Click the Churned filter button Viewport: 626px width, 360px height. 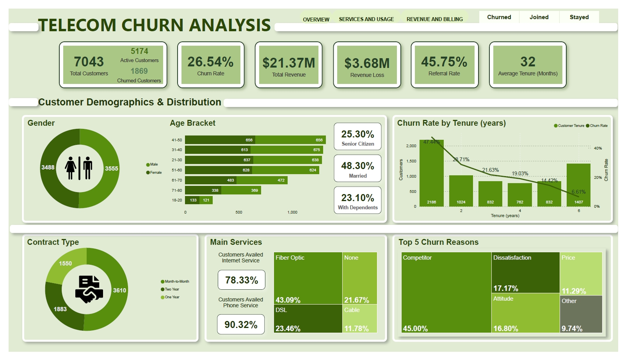tap(499, 17)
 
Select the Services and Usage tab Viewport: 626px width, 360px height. tap(366, 19)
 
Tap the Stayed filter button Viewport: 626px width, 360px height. tap(579, 17)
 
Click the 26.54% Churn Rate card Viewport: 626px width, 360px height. tap(211, 65)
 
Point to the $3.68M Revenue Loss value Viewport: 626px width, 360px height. tap(367, 63)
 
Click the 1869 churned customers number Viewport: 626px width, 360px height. tap(139, 71)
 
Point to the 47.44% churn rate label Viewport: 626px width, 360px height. tap(432, 142)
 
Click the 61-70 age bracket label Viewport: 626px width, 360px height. tap(177, 180)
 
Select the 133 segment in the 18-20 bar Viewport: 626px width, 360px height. tap(193, 200)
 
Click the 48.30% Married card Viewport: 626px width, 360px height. tap(357, 169)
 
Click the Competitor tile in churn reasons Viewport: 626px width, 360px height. tap(446, 292)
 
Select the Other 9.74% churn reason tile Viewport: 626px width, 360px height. tap(581, 314)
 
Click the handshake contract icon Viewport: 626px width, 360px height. tap(89, 289)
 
